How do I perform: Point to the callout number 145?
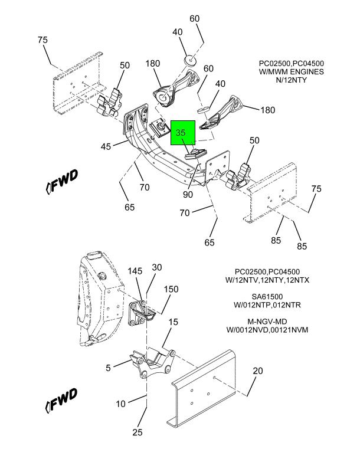(x=136, y=271)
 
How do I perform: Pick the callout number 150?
(x=171, y=290)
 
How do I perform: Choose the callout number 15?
(x=173, y=322)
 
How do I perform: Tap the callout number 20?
(x=257, y=371)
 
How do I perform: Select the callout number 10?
(x=120, y=404)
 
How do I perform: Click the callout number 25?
(x=137, y=432)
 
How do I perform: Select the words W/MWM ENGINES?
(x=292, y=71)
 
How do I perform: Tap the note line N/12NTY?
(x=292, y=80)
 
